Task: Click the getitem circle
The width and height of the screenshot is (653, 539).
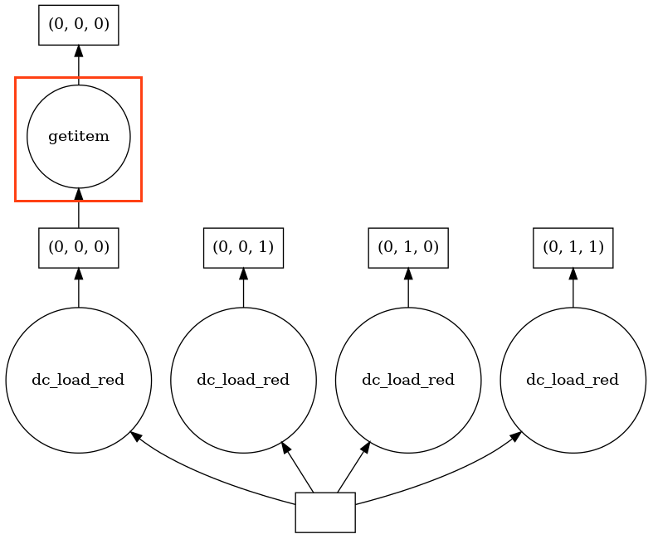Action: [x=79, y=137]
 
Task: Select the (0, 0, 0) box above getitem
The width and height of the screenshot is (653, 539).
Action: [x=79, y=25]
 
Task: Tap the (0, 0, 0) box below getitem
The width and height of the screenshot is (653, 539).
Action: [x=79, y=248]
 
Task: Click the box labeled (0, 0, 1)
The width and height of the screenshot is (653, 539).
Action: [x=243, y=248]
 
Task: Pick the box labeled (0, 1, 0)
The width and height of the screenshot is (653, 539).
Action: [x=408, y=248]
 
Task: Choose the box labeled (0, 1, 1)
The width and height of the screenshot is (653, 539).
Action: [x=573, y=248]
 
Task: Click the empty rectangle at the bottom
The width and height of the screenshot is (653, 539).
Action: [x=325, y=512]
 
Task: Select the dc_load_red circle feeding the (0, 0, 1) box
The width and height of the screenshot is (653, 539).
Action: [x=243, y=380]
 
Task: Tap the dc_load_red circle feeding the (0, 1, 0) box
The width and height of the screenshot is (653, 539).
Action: [x=408, y=380]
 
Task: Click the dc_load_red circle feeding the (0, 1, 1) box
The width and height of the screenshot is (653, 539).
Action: [x=573, y=380]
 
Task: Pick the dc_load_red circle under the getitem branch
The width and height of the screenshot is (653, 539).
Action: [x=79, y=380]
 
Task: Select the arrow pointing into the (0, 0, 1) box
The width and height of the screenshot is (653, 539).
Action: [x=243, y=287]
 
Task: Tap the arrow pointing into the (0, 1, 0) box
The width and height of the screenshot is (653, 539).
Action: [x=408, y=287]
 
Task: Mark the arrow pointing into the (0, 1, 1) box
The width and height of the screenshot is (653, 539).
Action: [x=573, y=287]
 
